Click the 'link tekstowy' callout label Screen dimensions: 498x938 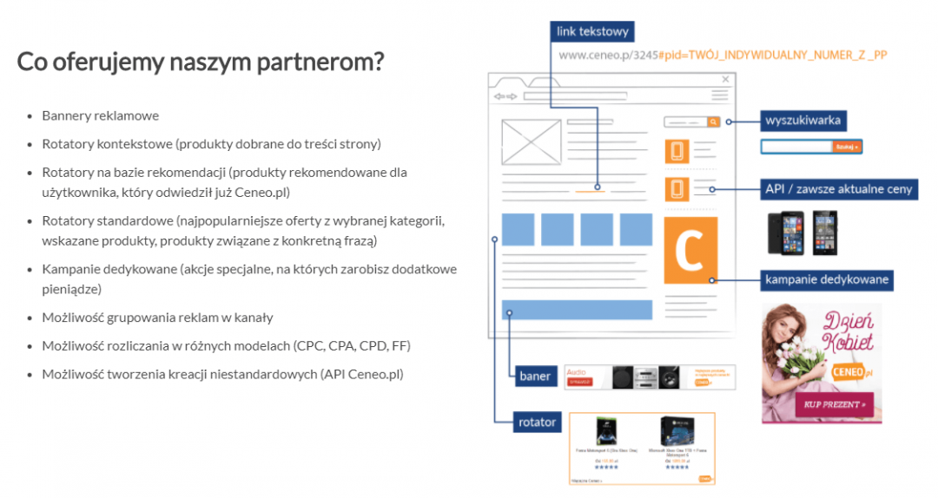point(593,32)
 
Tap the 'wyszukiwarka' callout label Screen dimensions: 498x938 point(803,120)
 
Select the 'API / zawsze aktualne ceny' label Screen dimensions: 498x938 point(839,188)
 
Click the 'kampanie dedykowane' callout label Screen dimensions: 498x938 point(827,279)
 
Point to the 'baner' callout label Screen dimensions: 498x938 point(535,377)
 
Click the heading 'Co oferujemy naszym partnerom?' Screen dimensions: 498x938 point(201,62)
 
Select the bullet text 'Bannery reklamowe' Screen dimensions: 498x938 point(101,115)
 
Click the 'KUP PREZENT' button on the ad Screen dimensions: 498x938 point(833,404)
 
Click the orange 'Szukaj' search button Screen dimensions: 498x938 point(847,147)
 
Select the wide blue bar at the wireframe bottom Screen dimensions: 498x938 point(577,310)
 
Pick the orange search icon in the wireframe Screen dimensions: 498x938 point(714,122)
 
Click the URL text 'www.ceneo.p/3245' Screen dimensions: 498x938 point(608,55)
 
